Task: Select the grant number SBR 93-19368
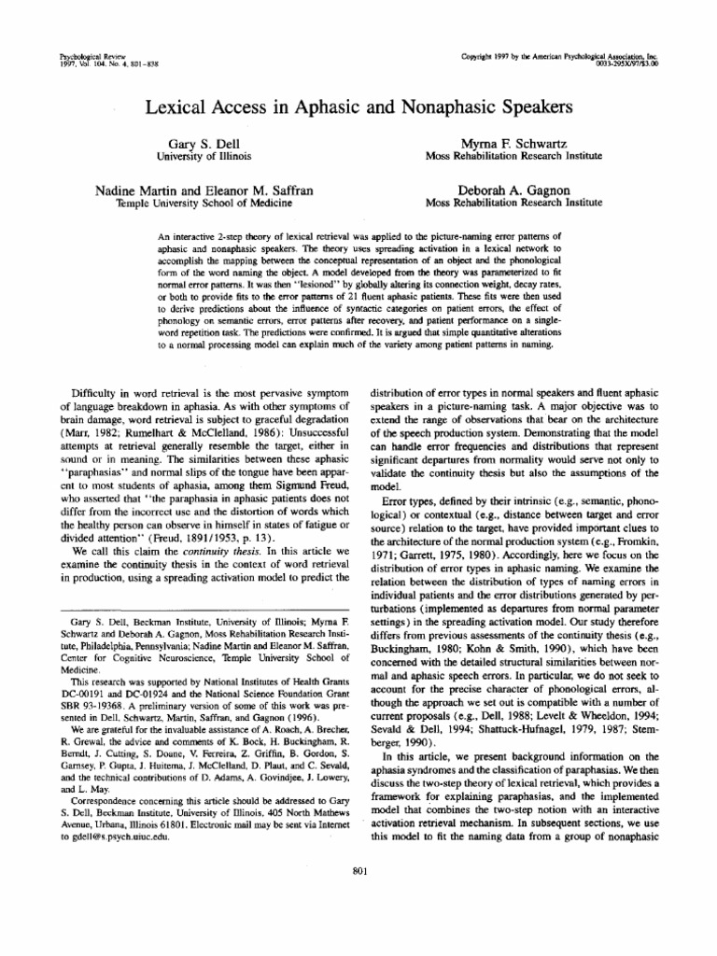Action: pyautogui.click(x=88, y=713)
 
